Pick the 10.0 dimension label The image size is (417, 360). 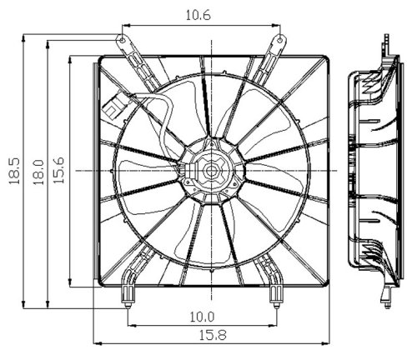coord(203,316)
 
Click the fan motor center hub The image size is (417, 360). coord(209,172)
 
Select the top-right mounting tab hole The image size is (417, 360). coord(279,38)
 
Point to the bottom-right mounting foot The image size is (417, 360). coord(274,291)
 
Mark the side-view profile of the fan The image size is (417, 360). coord(372,167)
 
